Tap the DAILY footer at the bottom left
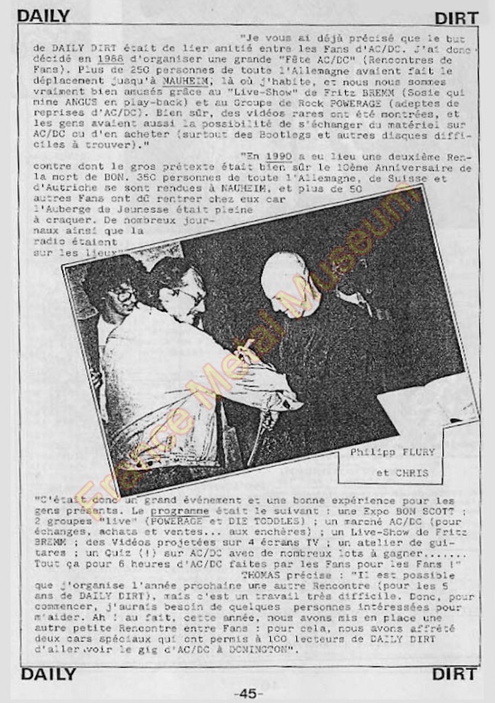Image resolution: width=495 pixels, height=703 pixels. (x=48, y=673)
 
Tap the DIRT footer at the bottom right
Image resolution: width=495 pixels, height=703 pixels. (x=453, y=673)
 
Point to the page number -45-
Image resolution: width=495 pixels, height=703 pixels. (x=247, y=694)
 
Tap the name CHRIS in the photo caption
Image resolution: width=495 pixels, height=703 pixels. (x=412, y=473)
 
